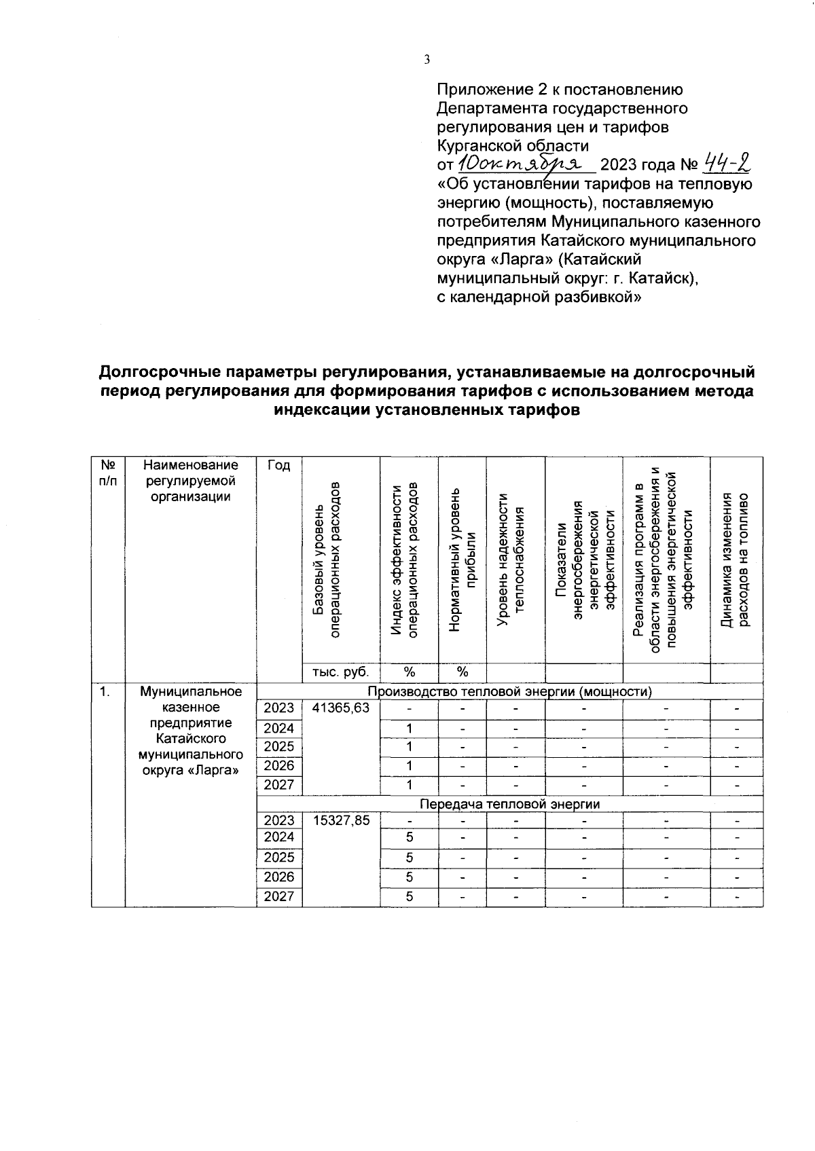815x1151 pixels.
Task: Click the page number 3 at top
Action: [x=427, y=60]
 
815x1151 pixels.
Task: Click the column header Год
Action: [x=278, y=466]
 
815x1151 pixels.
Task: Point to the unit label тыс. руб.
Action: [x=341, y=672]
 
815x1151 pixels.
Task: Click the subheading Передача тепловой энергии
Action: [x=509, y=804]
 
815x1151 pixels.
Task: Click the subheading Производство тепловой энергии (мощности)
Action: [x=509, y=692]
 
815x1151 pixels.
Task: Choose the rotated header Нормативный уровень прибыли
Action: [x=462, y=559]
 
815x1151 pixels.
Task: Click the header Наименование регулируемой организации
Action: [x=190, y=481]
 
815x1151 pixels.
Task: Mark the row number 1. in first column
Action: [x=105, y=692]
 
